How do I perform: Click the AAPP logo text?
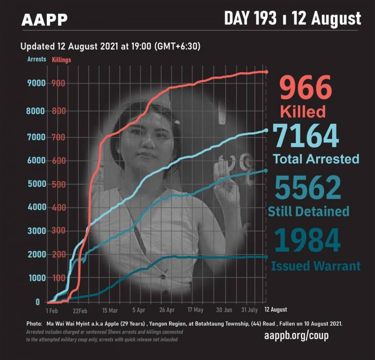(44, 20)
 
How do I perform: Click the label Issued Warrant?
(315, 266)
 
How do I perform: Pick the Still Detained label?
(309, 211)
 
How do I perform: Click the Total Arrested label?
(315, 159)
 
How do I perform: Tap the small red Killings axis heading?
(62, 60)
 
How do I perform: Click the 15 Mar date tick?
(110, 310)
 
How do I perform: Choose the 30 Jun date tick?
(224, 310)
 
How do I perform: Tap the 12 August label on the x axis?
(275, 310)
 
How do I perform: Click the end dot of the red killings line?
(266, 72)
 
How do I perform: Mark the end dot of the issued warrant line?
(266, 257)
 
